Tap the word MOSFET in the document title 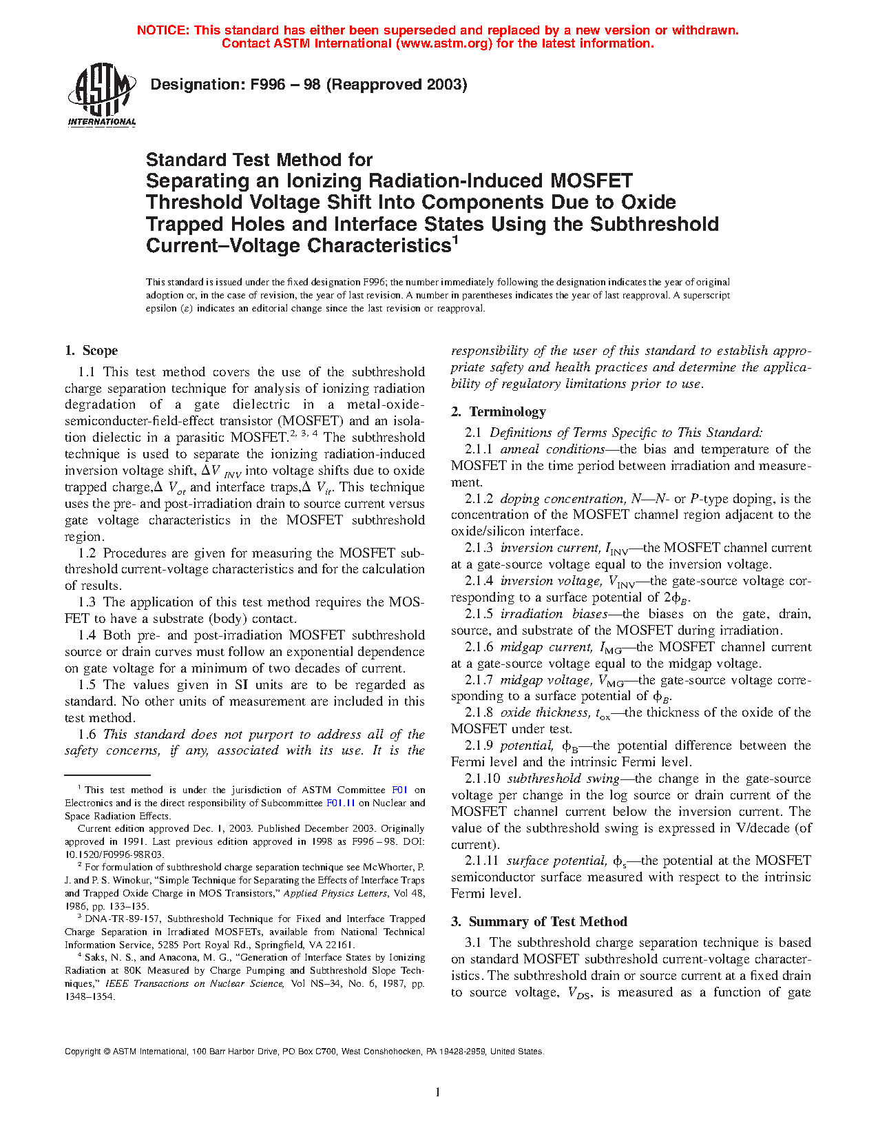(591, 181)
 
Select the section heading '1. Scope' (92, 351)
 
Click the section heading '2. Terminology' (499, 412)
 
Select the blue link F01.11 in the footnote (340, 803)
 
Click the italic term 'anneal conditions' (552, 449)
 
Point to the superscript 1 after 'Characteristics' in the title (454, 240)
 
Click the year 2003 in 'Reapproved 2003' (444, 85)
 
